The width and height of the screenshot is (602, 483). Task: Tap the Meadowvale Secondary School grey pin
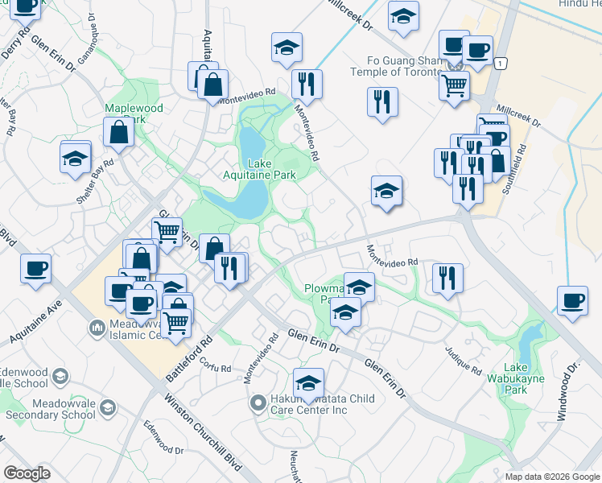[x=107, y=410]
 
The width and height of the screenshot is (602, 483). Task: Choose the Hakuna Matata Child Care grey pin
[x=258, y=402]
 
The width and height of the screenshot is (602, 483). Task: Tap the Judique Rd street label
[x=463, y=359]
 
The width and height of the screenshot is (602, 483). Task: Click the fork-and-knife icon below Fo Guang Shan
[x=381, y=101]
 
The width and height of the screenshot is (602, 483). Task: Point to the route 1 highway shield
[x=501, y=63]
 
